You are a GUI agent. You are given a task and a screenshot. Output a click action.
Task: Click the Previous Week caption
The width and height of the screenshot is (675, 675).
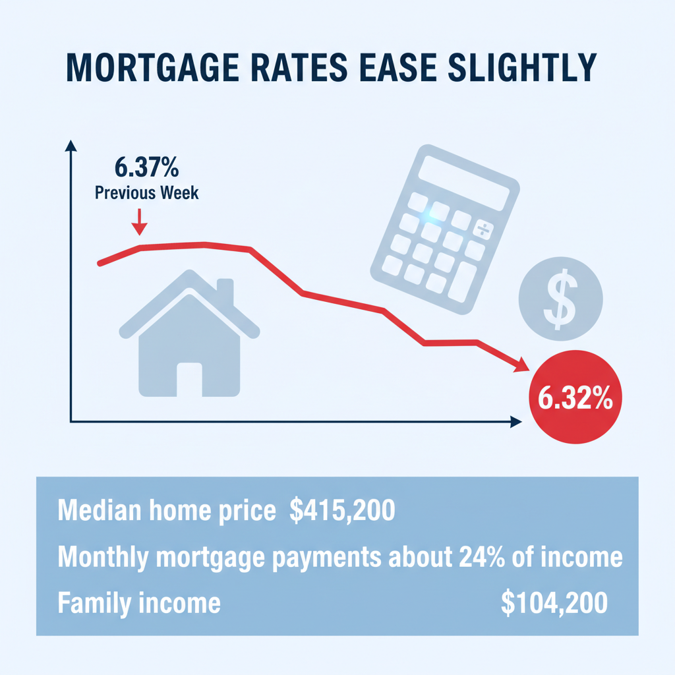click(146, 193)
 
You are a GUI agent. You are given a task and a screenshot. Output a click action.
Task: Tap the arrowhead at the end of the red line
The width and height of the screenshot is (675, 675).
click(521, 365)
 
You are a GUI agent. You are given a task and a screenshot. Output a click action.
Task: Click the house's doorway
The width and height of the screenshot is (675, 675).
click(189, 380)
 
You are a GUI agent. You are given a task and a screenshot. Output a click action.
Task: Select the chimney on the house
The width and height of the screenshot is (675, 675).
click(225, 291)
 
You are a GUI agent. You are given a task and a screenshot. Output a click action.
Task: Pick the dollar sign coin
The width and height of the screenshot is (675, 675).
click(560, 299)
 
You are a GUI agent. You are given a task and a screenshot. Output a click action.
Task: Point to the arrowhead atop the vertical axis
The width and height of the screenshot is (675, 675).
click(69, 147)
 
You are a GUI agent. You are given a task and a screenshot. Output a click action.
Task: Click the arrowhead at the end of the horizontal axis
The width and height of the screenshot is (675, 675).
click(515, 421)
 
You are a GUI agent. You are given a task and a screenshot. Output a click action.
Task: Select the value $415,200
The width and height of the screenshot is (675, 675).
click(342, 512)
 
